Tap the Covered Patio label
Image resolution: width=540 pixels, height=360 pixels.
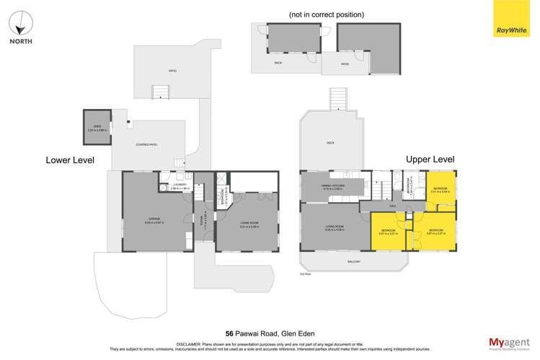(146, 145)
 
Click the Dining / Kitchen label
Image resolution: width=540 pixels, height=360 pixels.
(333, 186)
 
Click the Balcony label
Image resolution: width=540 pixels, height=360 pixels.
(353, 261)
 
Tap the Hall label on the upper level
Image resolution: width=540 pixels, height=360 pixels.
(394, 206)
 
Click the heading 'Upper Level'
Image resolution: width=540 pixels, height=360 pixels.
(430, 159)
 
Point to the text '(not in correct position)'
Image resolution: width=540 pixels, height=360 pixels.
(326, 14)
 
